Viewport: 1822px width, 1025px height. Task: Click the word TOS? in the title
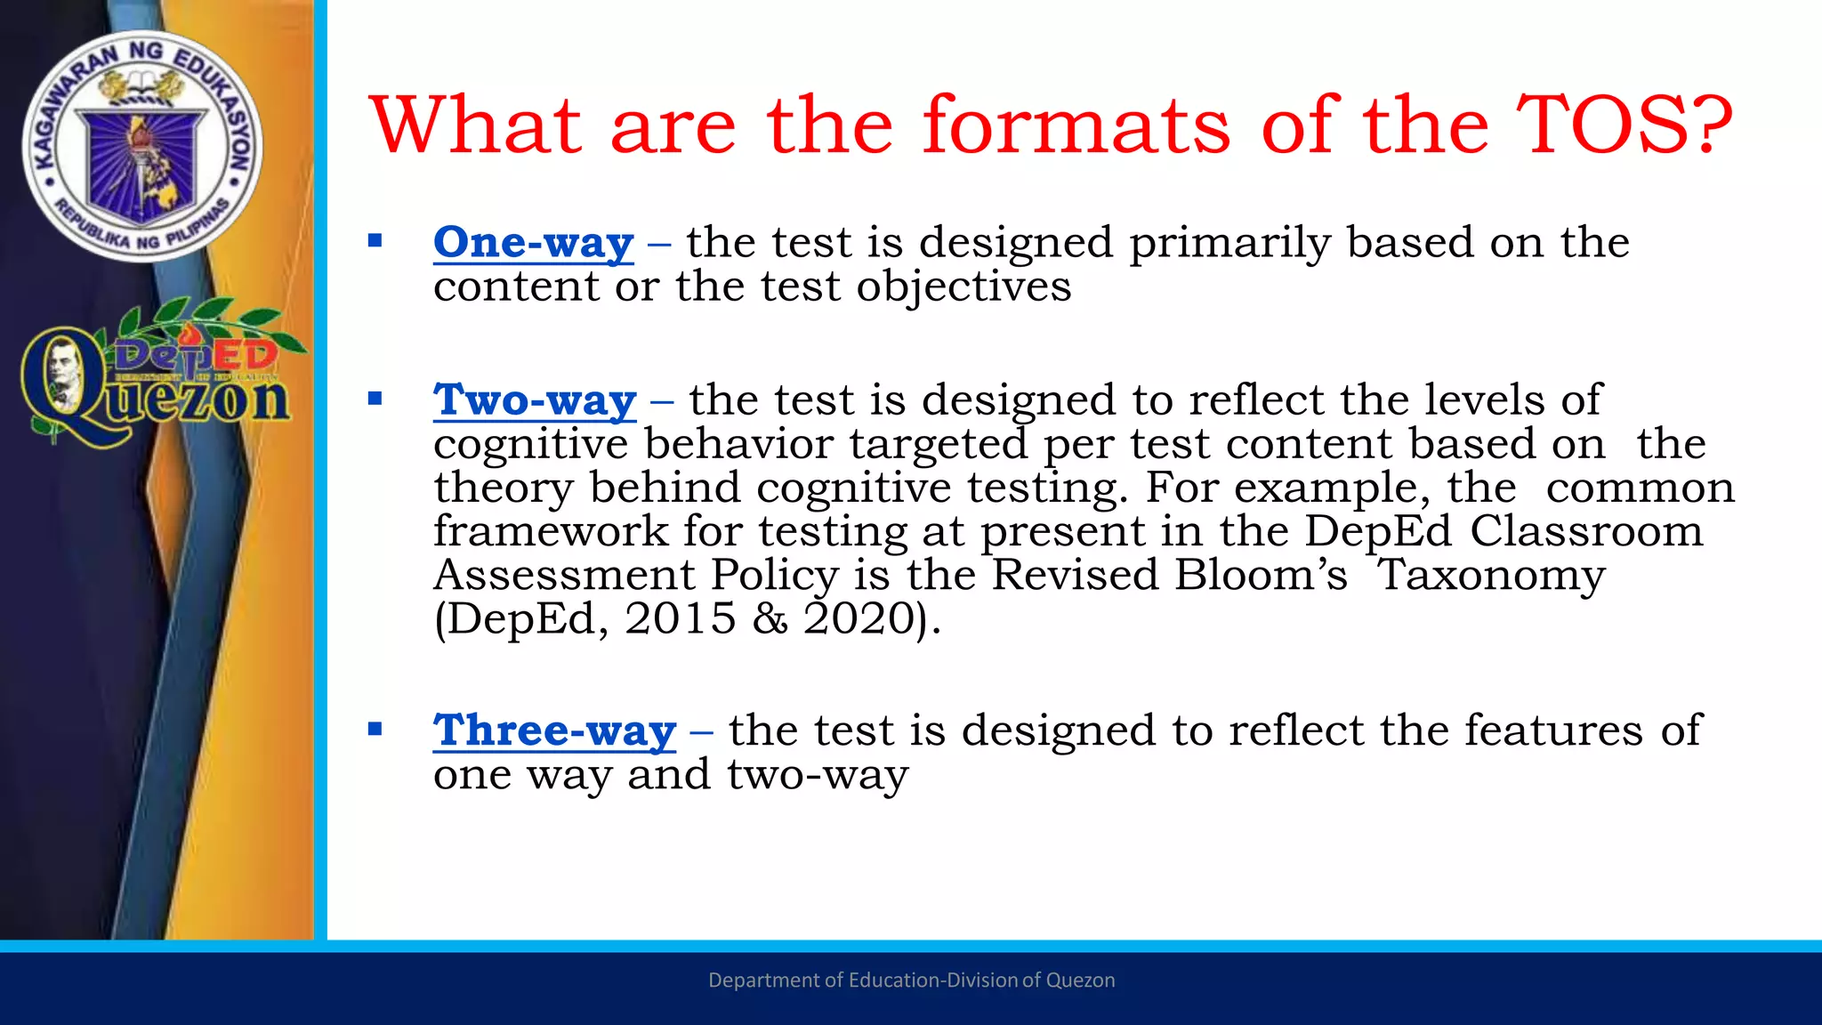[1624, 125]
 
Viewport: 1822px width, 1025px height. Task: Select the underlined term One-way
[533, 243]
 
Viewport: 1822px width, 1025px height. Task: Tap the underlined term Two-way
[535, 400]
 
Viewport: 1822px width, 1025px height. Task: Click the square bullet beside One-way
[375, 240]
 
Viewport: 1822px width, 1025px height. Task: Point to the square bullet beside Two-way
[375, 398]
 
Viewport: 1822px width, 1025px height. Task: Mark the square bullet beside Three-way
[375, 730]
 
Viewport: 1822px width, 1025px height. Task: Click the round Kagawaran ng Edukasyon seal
[142, 147]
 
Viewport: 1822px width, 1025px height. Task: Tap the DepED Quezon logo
[156, 374]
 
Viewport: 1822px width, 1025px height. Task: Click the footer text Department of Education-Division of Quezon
[911, 981]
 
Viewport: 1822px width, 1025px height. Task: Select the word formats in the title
[1076, 125]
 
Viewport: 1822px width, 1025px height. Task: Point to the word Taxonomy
[1491, 575]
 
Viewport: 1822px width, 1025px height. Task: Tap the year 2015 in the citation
[681, 618]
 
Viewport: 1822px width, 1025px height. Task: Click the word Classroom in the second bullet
[1585, 531]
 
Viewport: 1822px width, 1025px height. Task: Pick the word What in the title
[476, 125]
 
